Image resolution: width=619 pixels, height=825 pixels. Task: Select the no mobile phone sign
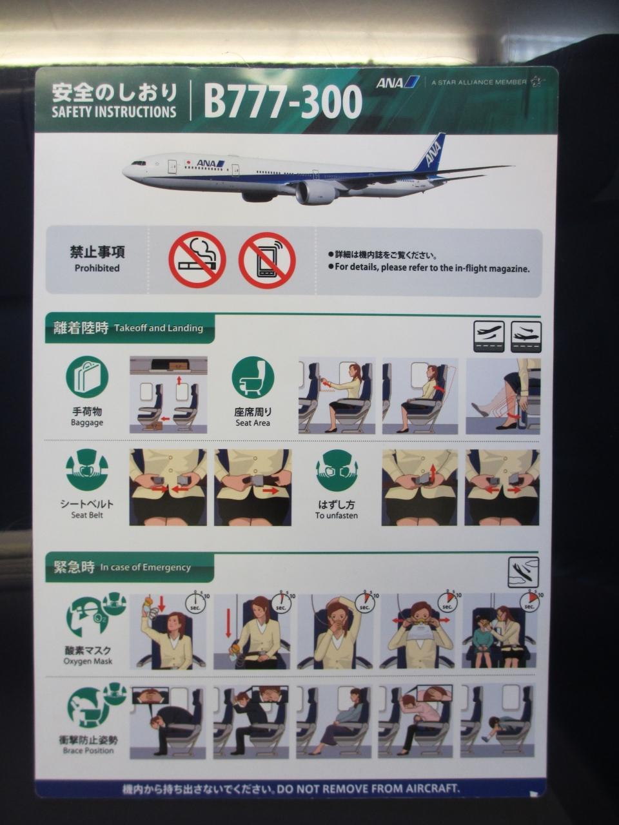(x=267, y=260)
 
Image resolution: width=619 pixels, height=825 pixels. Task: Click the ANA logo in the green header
(x=398, y=82)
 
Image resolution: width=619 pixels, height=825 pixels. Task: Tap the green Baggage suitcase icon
(x=87, y=378)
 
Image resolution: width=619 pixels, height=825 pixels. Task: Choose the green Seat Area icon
(x=253, y=378)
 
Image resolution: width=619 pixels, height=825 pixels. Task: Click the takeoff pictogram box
(x=489, y=336)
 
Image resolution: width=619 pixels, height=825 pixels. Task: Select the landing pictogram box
(x=526, y=336)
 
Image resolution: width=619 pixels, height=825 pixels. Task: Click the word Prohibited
(x=97, y=268)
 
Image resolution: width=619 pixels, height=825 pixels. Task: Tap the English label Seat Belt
(x=87, y=515)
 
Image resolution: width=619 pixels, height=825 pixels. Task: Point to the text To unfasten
(x=337, y=515)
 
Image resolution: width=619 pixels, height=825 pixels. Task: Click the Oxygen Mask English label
(x=88, y=661)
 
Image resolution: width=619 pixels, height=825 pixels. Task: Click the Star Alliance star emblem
(x=536, y=82)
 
